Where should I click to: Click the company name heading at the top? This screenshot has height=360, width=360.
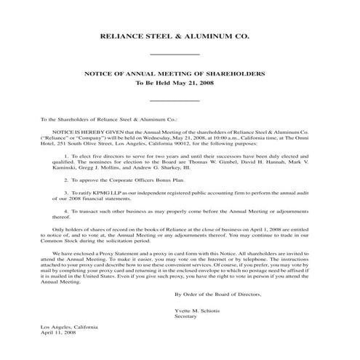(x=179, y=35)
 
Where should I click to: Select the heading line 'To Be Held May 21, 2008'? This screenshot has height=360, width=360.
(x=179, y=84)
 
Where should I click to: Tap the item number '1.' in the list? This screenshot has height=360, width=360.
(x=67, y=156)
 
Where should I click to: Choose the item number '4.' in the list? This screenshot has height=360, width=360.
(x=67, y=209)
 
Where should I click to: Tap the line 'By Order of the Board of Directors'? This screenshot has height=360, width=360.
(x=217, y=294)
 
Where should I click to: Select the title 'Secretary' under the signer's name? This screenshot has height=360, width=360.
(x=186, y=316)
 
